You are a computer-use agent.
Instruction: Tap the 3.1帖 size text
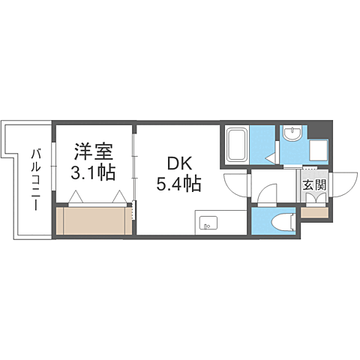coord(94,173)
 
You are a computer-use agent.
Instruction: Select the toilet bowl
coord(283,220)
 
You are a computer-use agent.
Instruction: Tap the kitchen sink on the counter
coord(208,223)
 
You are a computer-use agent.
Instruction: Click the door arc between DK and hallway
coord(237,184)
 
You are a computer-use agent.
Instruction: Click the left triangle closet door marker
coord(75,197)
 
